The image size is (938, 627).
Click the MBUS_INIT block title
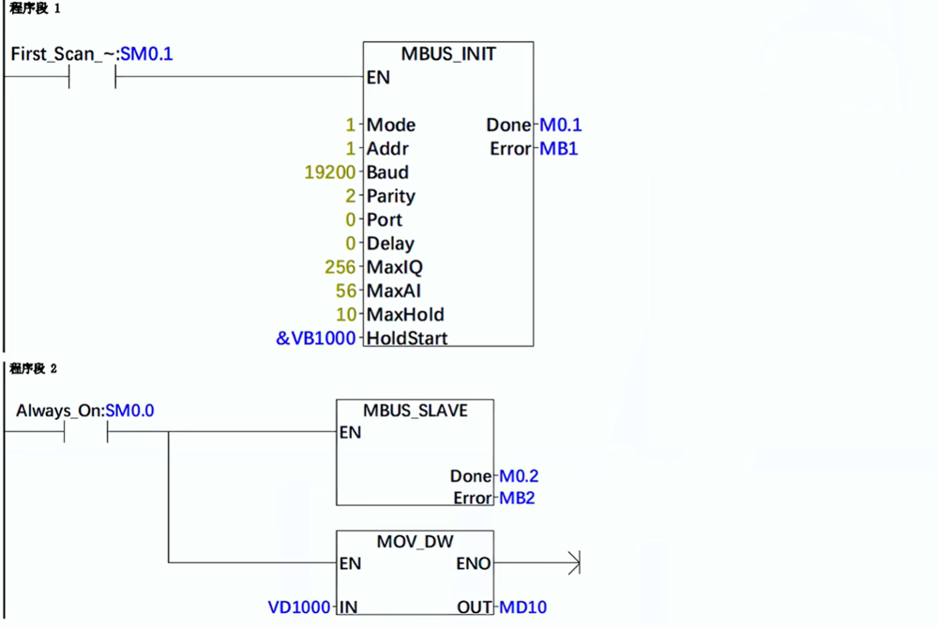(447, 54)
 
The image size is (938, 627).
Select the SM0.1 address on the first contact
(146, 54)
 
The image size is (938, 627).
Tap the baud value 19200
(330, 172)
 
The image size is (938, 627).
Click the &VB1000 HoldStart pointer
(316, 337)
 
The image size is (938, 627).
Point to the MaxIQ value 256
(340, 267)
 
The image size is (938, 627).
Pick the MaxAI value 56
(346, 291)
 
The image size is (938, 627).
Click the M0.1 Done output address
(561, 125)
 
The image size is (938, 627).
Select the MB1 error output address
(559, 149)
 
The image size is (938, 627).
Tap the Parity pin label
(391, 196)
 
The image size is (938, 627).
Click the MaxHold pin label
(405, 314)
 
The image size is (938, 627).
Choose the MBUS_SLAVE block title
(415, 411)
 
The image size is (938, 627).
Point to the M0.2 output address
(518, 476)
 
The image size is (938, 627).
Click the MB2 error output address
(516, 498)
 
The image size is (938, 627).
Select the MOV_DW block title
(415, 541)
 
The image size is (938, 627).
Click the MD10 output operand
(523, 607)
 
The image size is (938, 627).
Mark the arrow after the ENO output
(573, 563)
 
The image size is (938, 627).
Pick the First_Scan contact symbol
(92, 78)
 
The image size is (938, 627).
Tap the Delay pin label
(390, 244)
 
